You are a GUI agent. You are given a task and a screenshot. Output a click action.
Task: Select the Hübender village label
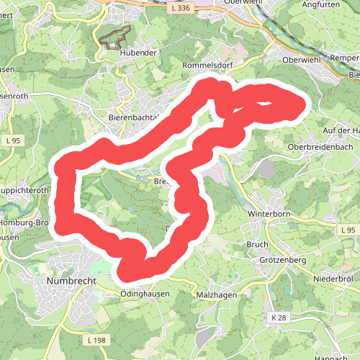[119, 53]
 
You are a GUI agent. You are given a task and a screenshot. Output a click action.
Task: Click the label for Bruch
[257, 245]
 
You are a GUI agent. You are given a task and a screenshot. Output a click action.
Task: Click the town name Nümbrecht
[66, 279]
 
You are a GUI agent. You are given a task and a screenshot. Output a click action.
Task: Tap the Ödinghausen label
[146, 294]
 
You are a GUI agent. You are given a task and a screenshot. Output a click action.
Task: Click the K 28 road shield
[280, 318]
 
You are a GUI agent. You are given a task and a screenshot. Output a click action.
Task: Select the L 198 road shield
[94, 339]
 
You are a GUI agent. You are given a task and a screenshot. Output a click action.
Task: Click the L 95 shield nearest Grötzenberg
[348, 230]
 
